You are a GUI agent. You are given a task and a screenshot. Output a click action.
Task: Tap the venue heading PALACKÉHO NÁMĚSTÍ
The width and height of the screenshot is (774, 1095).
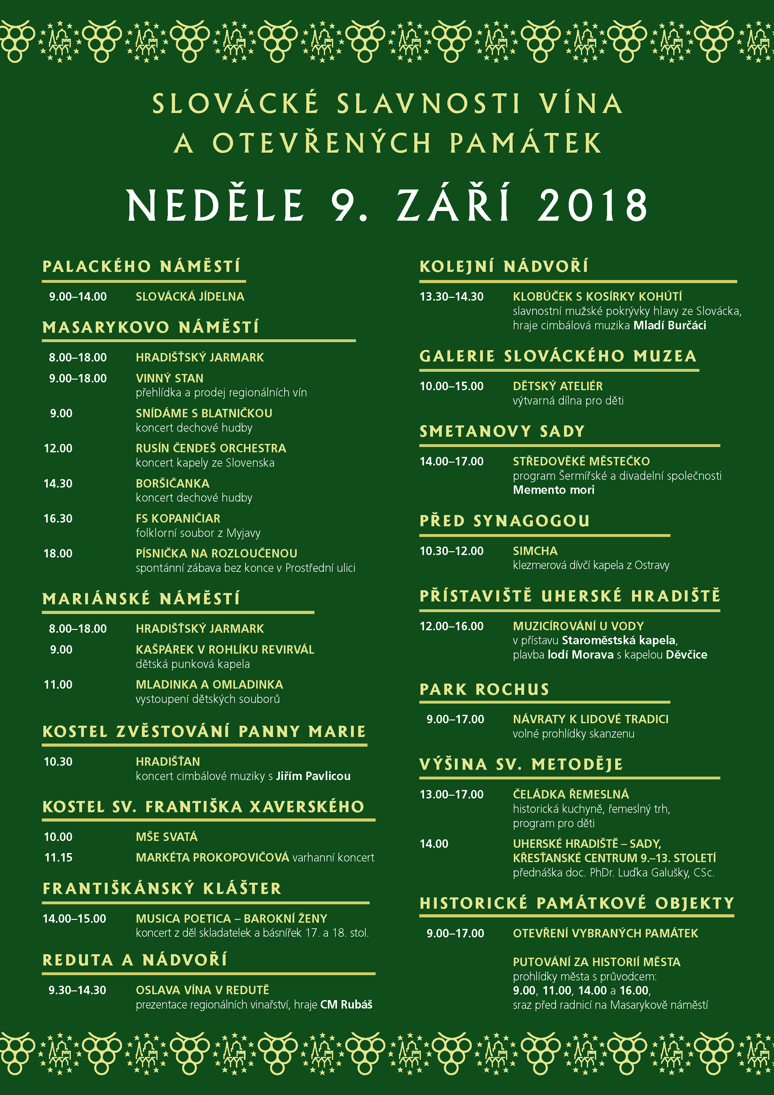(x=142, y=266)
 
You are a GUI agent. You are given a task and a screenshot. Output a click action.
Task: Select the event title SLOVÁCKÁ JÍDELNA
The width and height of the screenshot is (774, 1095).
(x=190, y=297)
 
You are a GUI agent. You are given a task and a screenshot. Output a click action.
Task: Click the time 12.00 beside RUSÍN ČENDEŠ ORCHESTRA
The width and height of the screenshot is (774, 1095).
(x=58, y=448)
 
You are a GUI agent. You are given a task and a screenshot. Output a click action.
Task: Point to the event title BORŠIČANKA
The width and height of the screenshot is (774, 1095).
(x=173, y=484)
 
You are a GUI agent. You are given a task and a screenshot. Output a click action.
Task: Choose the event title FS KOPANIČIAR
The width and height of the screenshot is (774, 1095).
(x=178, y=518)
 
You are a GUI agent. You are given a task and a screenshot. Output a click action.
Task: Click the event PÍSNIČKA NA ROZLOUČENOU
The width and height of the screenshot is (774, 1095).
(x=217, y=554)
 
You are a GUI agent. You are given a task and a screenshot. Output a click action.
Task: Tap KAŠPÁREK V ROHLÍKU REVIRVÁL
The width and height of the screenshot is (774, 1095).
(x=225, y=650)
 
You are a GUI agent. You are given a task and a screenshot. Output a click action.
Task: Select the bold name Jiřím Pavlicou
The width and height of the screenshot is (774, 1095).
(x=313, y=776)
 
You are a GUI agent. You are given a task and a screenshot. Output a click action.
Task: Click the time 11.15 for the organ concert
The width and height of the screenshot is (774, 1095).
(x=58, y=857)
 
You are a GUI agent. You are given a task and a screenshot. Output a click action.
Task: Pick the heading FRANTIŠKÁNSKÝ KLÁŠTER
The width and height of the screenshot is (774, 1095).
(x=162, y=888)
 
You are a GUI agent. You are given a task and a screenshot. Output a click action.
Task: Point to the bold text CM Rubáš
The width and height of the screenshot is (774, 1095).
(x=346, y=1004)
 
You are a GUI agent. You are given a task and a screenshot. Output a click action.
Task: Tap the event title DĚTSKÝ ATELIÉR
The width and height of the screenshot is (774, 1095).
(x=557, y=386)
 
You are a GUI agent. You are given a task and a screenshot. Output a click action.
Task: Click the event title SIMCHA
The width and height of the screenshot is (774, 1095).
(x=535, y=551)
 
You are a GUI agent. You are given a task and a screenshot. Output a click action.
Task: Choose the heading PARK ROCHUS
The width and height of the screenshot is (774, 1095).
(x=484, y=690)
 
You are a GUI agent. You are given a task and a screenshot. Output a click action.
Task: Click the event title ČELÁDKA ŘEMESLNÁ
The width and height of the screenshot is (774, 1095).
(x=571, y=794)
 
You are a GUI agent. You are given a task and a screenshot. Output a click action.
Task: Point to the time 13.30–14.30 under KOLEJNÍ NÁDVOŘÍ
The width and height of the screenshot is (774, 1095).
(x=451, y=297)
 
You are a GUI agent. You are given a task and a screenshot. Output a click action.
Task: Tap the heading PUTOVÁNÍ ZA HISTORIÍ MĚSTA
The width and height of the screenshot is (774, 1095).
(x=596, y=962)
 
